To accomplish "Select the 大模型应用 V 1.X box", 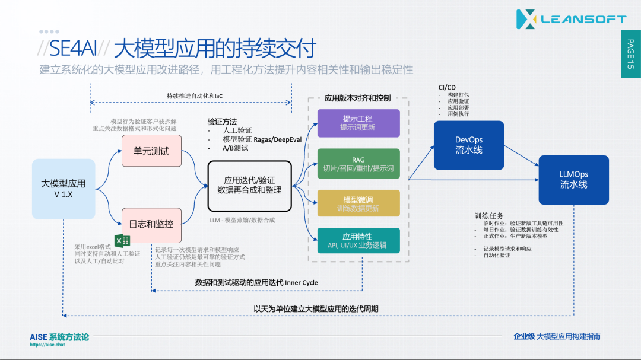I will pos(63,189).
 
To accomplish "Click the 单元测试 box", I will pos(151,151).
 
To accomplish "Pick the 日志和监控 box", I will pos(151,224).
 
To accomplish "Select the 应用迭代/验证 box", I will pos(249,186).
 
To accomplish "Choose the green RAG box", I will pos(358,164).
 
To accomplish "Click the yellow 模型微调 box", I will pos(358,203).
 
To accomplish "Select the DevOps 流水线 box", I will pos(468,145).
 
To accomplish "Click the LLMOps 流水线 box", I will pos(573,180).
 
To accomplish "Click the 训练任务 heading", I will pos(489,216).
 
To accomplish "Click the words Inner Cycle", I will pos(302,283).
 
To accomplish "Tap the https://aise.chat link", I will pos(47,345).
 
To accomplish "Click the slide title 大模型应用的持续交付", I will pos(214,47).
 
